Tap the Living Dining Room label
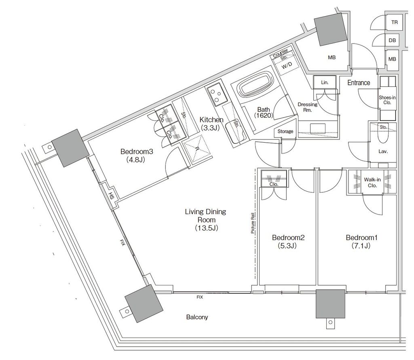pyautogui.click(x=206, y=219)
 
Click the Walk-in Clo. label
pyautogui.click(x=372, y=182)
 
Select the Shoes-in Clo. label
pyautogui.click(x=387, y=100)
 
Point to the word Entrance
pyautogui.click(x=359, y=82)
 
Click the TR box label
pyautogui.click(x=395, y=23)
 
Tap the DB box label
pyautogui.click(x=392, y=40)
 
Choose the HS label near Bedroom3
pyautogui.click(x=111, y=196)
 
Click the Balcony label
pyautogui.click(x=197, y=317)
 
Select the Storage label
pyautogui.click(x=285, y=131)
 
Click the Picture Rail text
pyautogui.click(x=253, y=223)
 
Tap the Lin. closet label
pyautogui.click(x=325, y=82)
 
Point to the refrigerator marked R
pyautogui.click(x=197, y=148)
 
